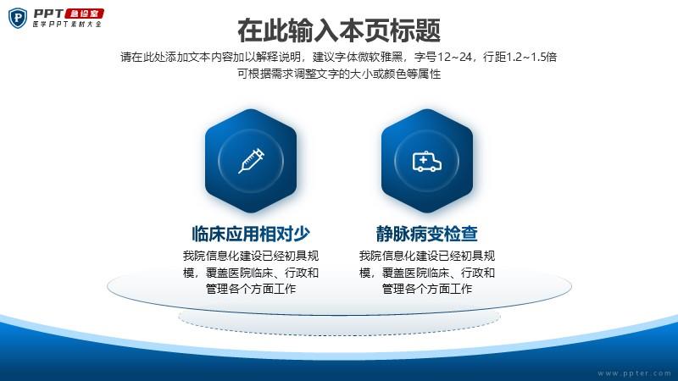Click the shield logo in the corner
pyautogui.click(x=18, y=18)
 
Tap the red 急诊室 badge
pyautogui.click(x=85, y=14)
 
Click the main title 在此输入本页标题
pyautogui.click(x=339, y=30)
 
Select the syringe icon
pyautogui.click(x=251, y=161)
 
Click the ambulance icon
pyautogui.click(x=427, y=162)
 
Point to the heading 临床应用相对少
pyautogui.click(x=251, y=234)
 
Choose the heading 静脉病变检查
pyautogui.click(x=427, y=234)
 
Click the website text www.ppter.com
pyautogui.click(x=634, y=373)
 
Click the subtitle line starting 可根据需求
pyautogui.click(x=339, y=74)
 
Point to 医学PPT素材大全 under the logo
pyautogui.click(x=67, y=25)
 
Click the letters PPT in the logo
pyautogui.click(x=48, y=14)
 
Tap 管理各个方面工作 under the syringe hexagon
pyautogui.click(x=251, y=289)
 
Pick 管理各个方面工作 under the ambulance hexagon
pyautogui.click(x=427, y=289)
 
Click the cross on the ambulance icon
pyautogui.click(x=423, y=160)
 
